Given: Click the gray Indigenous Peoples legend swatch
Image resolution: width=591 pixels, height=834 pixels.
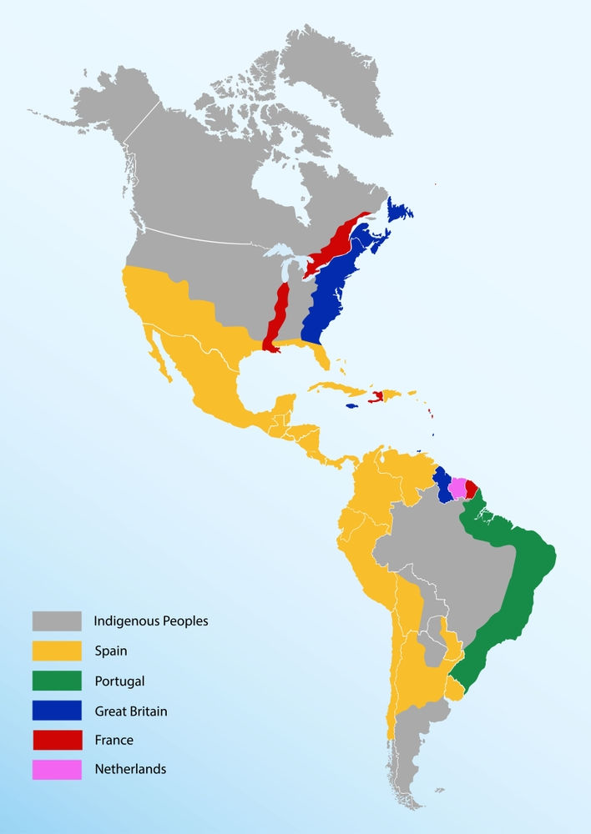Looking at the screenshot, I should point(57,620).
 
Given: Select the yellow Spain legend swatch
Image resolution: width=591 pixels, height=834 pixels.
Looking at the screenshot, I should point(57,651).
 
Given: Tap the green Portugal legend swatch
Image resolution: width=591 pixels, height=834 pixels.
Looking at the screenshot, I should point(57,681).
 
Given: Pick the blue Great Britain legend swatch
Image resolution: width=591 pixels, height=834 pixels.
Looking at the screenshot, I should point(57,711).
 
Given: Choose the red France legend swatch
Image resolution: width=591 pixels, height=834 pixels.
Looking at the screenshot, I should point(57,740).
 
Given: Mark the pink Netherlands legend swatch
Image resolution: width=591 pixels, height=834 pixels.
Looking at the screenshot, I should point(57,769).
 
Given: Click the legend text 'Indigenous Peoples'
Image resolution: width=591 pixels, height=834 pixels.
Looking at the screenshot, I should point(150,620).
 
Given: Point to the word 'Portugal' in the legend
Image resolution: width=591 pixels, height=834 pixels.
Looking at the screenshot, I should point(119,681).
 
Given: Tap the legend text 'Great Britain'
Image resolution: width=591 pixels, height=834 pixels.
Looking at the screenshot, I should point(130,711).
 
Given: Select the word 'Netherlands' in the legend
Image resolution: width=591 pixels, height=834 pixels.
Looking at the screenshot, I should point(129,769).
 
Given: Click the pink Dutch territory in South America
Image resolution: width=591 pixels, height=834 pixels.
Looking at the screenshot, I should point(457,488).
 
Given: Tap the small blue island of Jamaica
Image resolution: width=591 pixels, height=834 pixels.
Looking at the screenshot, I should point(352,406).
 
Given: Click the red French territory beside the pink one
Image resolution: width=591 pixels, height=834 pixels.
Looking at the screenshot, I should point(472,487).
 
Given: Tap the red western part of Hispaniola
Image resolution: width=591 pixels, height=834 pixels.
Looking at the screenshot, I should point(377,395).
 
